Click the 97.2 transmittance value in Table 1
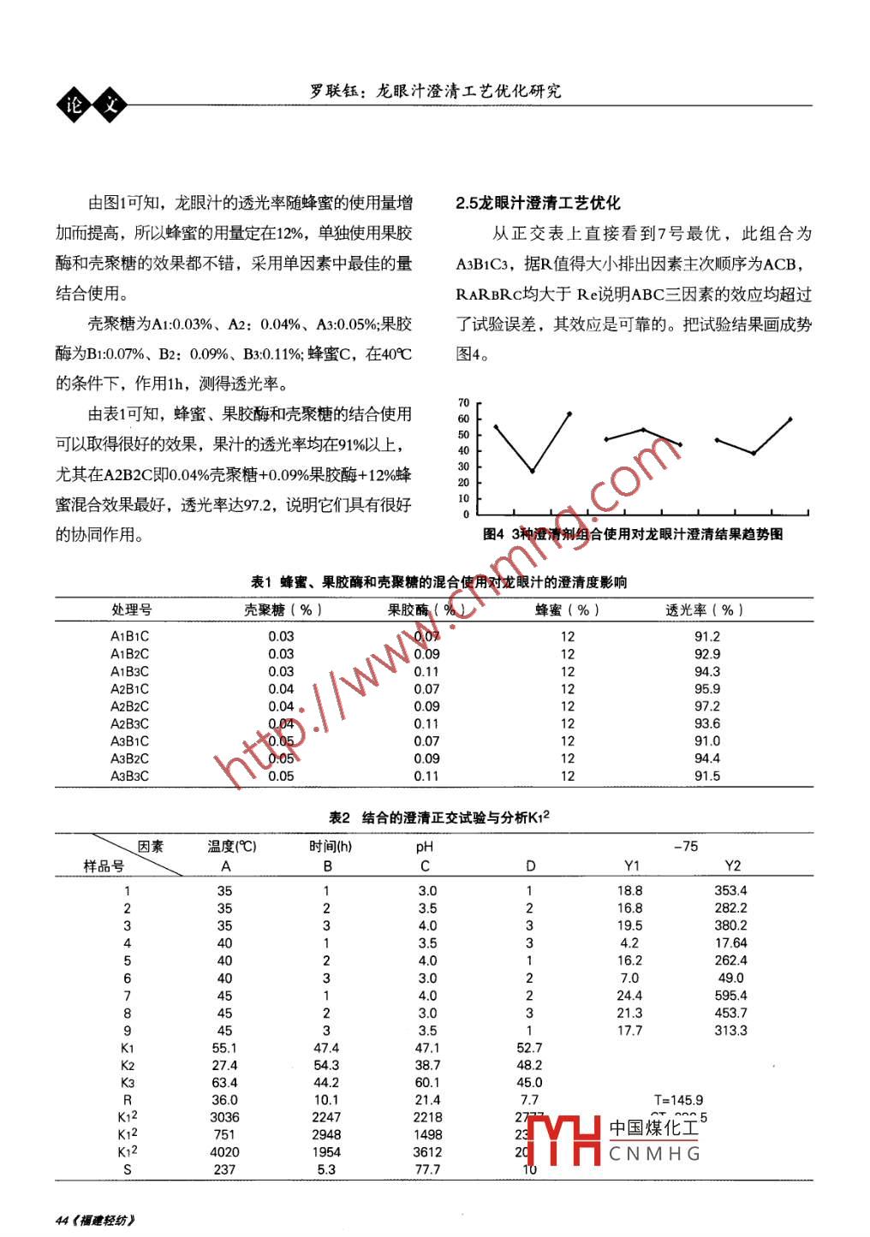click(x=706, y=706)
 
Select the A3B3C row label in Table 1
click(x=129, y=776)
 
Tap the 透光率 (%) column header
click(x=704, y=610)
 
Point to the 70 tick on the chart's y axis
click(x=464, y=402)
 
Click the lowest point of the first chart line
click(x=533, y=471)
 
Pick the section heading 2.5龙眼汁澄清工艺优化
click(x=538, y=203)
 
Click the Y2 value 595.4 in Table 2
click(x=730, y=996)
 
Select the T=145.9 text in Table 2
click(x=678, y=1100)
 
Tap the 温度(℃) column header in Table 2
click(x=231, y=846)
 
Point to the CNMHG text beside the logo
click(x=655, y=1154)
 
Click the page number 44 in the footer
click(x=62, y=1220)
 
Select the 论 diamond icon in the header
click(x=74, y=104)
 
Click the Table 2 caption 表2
click(x=340, y=818)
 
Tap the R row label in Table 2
click(x=128, y=1100)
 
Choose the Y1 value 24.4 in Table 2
click(x=629, y=996)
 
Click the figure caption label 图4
click(x=493, y=534)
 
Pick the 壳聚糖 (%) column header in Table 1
click(x=283, y=610)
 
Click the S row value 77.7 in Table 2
click(x=427, y=1169)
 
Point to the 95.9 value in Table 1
click(x=706, y=688)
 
